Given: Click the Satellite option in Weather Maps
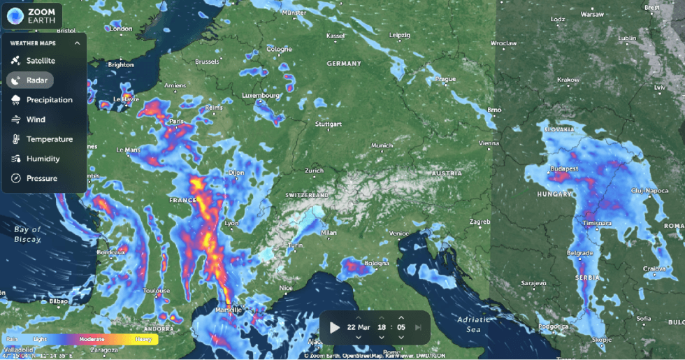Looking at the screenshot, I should (40, 61).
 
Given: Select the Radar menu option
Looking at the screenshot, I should (36, 80).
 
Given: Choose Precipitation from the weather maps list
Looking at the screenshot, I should (49, 100).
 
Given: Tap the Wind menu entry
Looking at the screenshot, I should (36, 120).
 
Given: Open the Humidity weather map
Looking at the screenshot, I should (43, 159).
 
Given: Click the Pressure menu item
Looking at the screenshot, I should (41, 178).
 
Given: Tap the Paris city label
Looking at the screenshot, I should (176, 122).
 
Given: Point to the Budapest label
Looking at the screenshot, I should (563, 169).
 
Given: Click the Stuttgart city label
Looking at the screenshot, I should (329, 124).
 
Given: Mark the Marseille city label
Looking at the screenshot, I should (228, 309).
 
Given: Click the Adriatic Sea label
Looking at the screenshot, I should (465, 324).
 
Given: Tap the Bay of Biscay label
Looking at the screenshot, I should (27, 234).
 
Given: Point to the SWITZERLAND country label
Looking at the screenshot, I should (307, 194).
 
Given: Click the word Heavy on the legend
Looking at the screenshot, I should (143, 339).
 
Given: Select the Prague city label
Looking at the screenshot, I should (445, 79).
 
